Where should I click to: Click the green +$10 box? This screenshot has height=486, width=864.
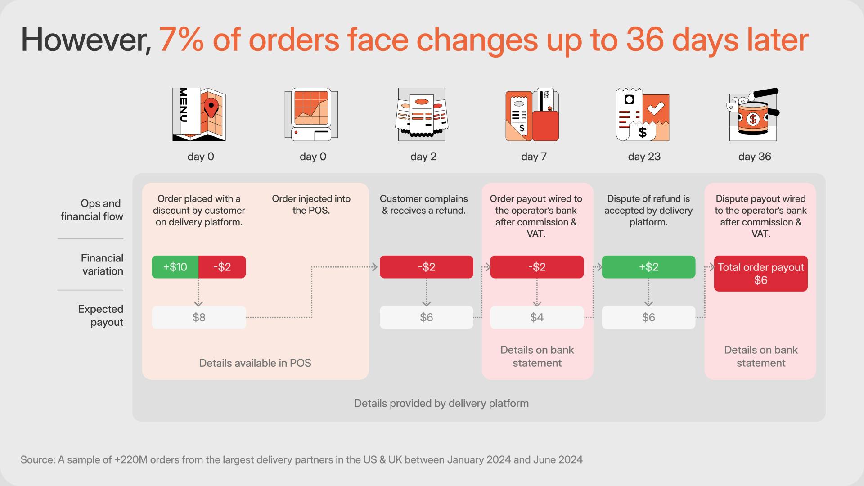175,267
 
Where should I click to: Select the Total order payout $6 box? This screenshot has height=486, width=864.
760,274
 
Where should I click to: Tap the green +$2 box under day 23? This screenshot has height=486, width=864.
648,267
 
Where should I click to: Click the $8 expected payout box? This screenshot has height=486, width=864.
199,317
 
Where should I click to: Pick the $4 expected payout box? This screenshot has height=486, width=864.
537,317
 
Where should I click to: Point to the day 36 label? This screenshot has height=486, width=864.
755,157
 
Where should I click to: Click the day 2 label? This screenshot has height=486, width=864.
423,157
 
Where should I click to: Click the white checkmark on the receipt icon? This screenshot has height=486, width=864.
655,108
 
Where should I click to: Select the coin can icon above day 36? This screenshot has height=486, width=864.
753,115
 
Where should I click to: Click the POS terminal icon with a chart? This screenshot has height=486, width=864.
311,115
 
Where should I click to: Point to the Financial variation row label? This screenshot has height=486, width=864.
102,265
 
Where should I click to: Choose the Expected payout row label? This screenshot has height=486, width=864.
101,315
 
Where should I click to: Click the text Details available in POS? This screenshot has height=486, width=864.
255,363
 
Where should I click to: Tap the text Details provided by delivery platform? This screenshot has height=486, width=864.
441,403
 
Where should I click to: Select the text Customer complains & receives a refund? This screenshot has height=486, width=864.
423,205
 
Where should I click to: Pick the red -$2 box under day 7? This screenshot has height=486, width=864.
537,267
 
